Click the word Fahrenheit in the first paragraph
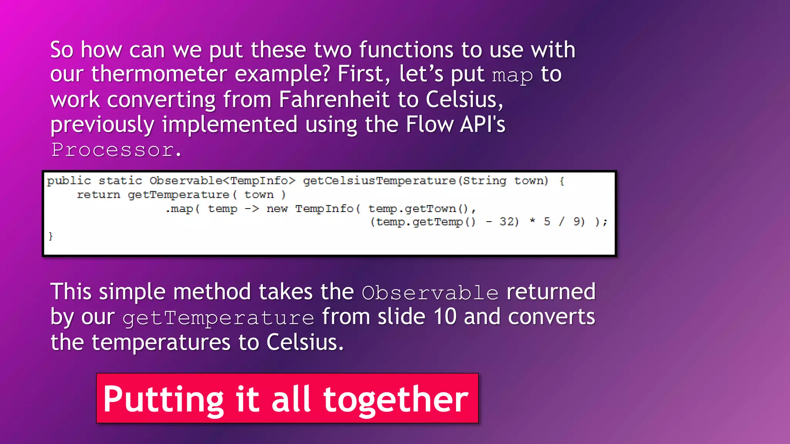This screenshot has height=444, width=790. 334,99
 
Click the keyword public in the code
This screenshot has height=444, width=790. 69,181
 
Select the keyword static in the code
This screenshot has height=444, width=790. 120,181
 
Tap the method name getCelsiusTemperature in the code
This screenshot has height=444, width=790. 379,181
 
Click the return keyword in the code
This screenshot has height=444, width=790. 98,195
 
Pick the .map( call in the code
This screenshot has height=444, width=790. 182,209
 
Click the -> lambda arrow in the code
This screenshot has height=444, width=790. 252,209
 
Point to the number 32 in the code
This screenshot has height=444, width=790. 508,222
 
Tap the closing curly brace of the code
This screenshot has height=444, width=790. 51,236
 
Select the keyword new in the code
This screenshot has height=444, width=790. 277,209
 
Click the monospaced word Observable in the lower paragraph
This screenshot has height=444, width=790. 430,293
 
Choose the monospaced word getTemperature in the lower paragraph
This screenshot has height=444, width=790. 218,318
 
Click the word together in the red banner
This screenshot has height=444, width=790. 396,400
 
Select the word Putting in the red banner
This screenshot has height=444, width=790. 164,400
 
